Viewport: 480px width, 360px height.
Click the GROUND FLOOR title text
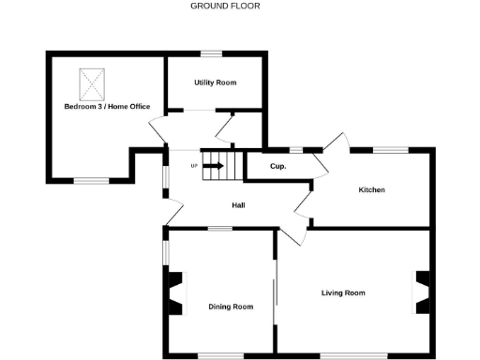click(x=225, y=6)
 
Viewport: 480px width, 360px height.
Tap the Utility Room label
click(x=215, y=82)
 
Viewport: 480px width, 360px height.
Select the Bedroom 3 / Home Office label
click(x=107, y=107)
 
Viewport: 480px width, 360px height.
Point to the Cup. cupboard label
click(x=277, y=167)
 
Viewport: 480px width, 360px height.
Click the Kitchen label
click(x=371, y=190)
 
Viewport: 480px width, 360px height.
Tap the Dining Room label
click(x=231, y=307)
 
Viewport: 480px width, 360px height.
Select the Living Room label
click(x=343, y=292)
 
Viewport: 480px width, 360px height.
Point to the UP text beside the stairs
click(x=194, y=167)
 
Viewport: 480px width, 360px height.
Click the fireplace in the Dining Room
click(x=173, y=292)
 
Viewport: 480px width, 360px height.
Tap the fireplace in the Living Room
click(x=423, y=292)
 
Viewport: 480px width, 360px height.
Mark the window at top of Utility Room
click(x=215, y=52)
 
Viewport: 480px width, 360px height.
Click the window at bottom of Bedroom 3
click(x=91, y=179)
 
